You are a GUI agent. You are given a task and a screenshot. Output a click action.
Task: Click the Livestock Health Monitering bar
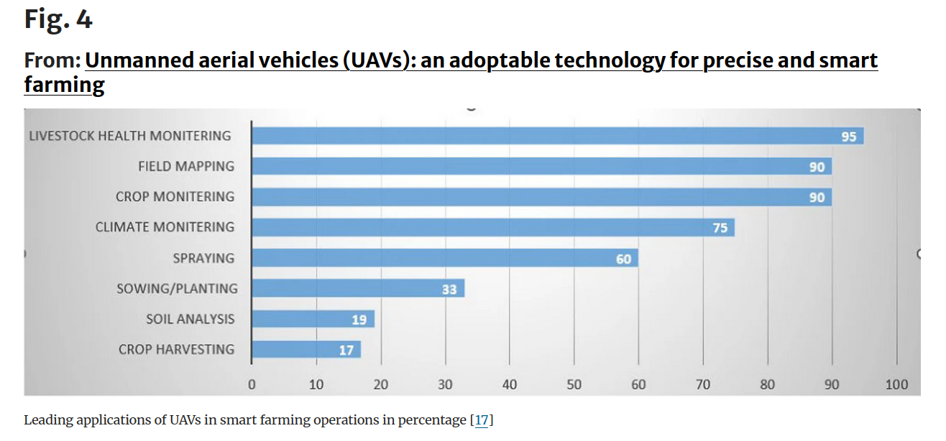click(x=557, y=136)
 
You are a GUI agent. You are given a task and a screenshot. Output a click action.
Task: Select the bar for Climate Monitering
click(x=492, y=228)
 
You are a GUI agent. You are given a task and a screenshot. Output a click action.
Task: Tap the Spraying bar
click(x=444, y=258)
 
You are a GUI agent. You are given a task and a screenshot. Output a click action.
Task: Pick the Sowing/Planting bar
click(x=358, y=289)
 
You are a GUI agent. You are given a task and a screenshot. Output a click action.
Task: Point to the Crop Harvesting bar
click(x=306, y=350)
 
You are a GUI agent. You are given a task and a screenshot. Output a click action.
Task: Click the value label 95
click(x=849, y=136)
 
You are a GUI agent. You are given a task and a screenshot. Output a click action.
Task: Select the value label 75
click(x=720, y=228)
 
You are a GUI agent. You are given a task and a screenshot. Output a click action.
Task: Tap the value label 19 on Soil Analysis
click(x=359, y=320)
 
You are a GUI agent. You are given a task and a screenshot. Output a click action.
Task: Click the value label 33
click(x=450, y=289)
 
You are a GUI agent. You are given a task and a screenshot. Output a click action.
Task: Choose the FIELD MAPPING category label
click(x=186, y=167)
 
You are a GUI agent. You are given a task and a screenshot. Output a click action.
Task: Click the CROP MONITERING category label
click(x=175, y=197)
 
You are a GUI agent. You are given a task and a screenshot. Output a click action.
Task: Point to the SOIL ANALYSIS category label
click(x=190, y=319)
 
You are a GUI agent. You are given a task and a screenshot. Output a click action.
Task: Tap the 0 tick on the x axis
click(x=252, y=384)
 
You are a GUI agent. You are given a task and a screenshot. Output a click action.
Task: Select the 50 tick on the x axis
click(x=574, y=384)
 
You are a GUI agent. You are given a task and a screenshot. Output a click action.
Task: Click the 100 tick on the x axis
click(x=896, y=384)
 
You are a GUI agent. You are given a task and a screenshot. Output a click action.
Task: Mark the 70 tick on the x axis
click(x=703, y=384)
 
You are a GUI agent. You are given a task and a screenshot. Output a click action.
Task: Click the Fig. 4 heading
click(x=58, y=19)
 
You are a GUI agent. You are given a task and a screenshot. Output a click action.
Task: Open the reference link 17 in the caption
click(x=482, y=420)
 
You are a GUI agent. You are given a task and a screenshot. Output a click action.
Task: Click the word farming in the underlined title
click(x=64, y=85)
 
